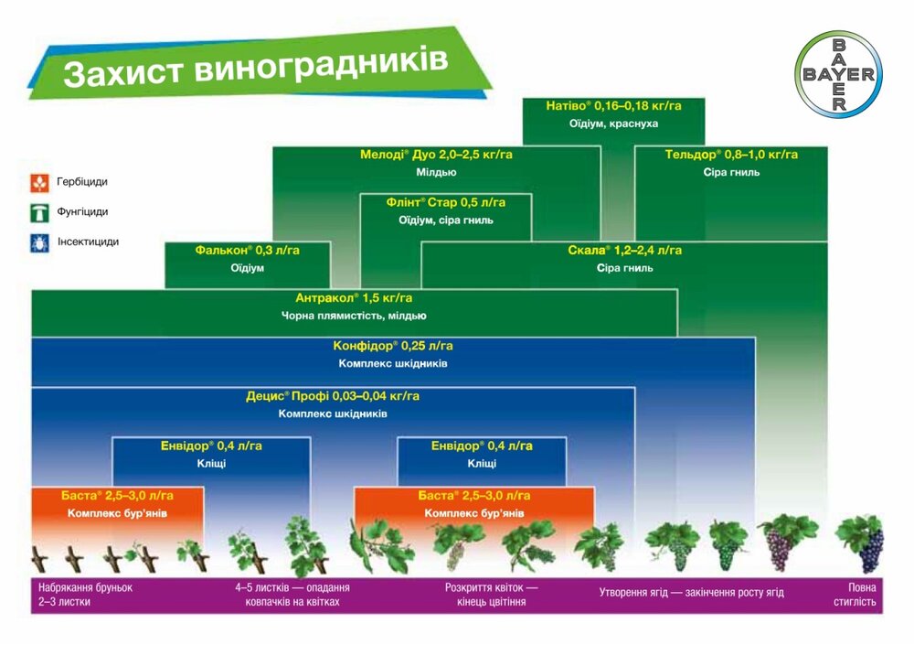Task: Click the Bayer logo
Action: pyautogui.click(x=838, y=74)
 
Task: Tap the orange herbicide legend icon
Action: pyautogui.click(x=39, y=183)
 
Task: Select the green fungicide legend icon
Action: pyautogui.click(x=39, y=213)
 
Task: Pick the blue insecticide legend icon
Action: pyautogui.click(x=39, y=243)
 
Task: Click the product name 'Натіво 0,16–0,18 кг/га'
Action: pyautogui.click(x=613, y=106)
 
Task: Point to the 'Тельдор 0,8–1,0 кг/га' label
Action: pyautogui.click(x=731, y=155)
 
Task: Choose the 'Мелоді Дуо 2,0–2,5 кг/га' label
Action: pyautogui.click(x=436, y=155)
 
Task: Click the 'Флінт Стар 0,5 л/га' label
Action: pyautogui.click(x=445, y=202)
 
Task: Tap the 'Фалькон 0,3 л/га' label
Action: pyautogui.click(x=247, y=250)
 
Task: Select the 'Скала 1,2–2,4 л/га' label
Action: pyautogui.click(x=624, y=250)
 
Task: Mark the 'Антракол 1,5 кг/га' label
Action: pyautogui.click(x=353, y=298)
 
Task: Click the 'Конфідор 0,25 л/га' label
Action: pyautogui.click(x=393, y=346)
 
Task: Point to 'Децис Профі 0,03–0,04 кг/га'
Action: pyautogui.click(x=333, y=396)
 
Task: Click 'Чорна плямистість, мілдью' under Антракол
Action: pyautogui.click(x=353, y=317)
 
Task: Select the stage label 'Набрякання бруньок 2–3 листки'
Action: pyautogui.click(x=85, y=595)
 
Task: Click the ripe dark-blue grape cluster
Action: pyautogui.click(x=871, y=551)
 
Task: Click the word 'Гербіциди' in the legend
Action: pyautogui.click(x=82, y=182)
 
